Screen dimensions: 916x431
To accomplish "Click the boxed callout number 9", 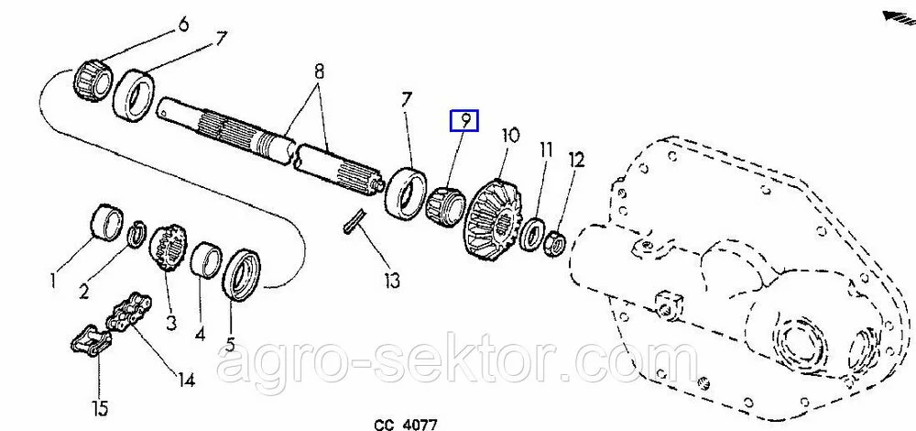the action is (x=463, y=120).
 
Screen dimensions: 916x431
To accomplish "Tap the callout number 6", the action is (x=182, y=25).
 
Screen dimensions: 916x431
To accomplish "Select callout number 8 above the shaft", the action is (x=319, y=72).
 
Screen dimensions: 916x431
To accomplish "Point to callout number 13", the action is (x=392, y=281).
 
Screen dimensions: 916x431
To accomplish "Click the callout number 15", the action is (x=100, y=407).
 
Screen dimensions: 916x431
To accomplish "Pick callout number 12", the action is (x=575, y=159).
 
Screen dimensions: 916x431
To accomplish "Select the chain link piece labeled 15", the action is (x=91, y=340).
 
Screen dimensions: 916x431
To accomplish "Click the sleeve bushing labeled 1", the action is (x=108, y=222).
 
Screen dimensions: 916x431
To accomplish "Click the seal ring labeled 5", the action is (x=240, y=275).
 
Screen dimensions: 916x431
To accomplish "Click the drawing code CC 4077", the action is (x=406, y=424).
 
